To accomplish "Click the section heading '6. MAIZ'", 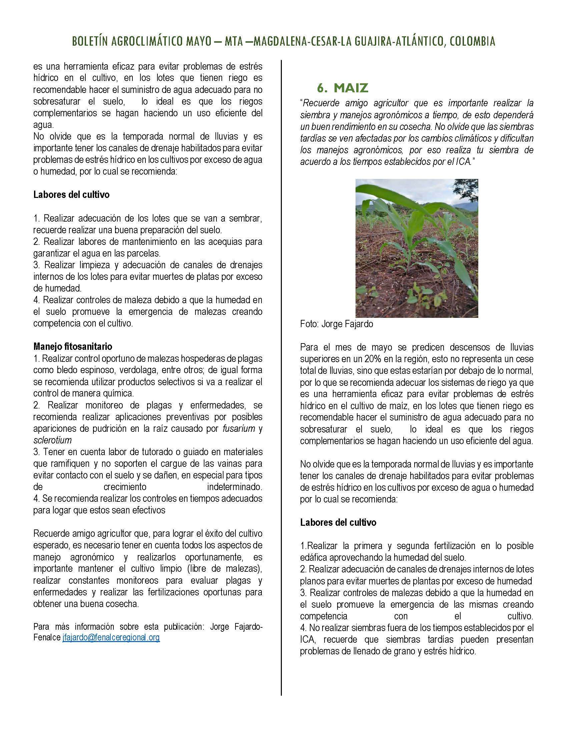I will tap(343, 88).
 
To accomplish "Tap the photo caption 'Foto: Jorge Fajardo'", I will tap(336, 324).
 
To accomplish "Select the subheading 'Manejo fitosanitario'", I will tap(73, 346).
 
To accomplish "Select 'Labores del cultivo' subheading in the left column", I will tap(71, 195).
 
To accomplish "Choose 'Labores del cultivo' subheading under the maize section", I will tap(338, 522).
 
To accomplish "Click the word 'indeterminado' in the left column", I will tap(234, 487).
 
